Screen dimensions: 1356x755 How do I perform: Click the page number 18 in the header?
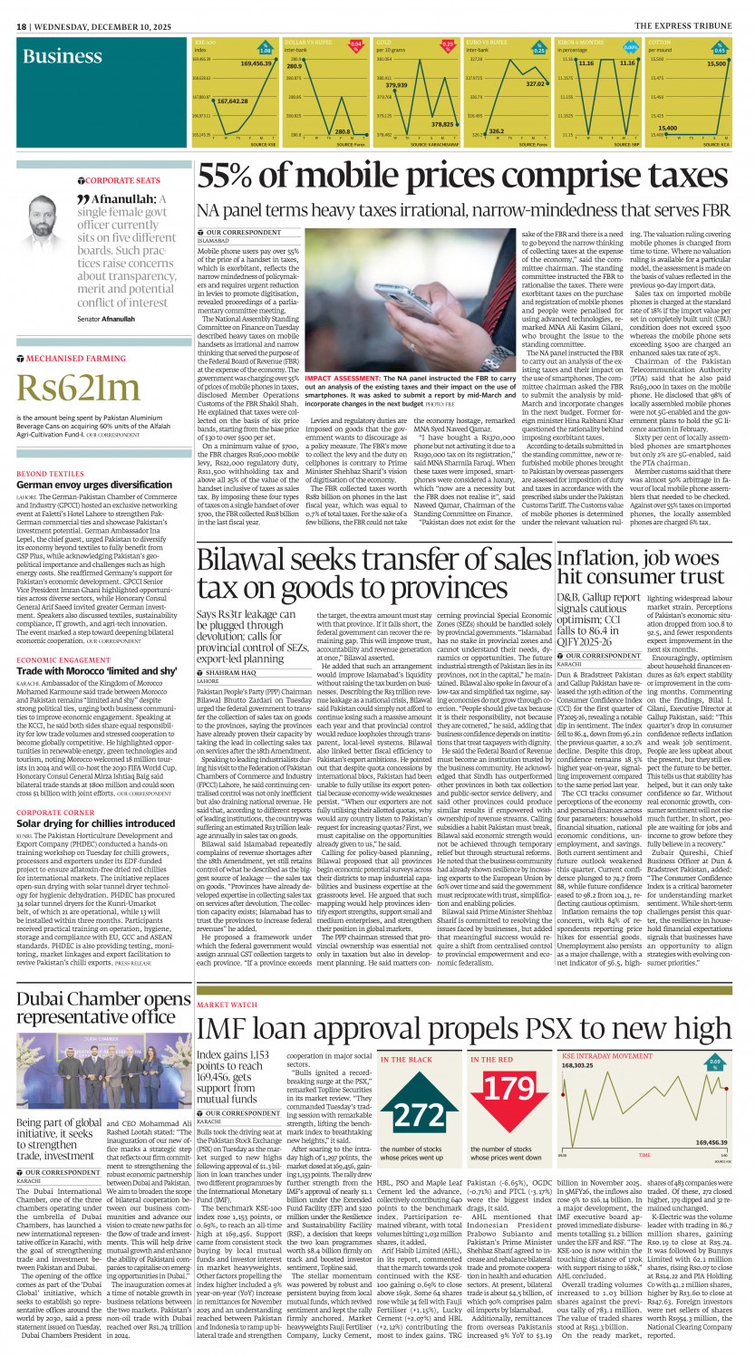(x=21, y=26)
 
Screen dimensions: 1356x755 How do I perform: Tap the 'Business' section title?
(x=63, y=57)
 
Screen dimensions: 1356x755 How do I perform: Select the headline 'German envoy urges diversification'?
(x=89, y=485)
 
